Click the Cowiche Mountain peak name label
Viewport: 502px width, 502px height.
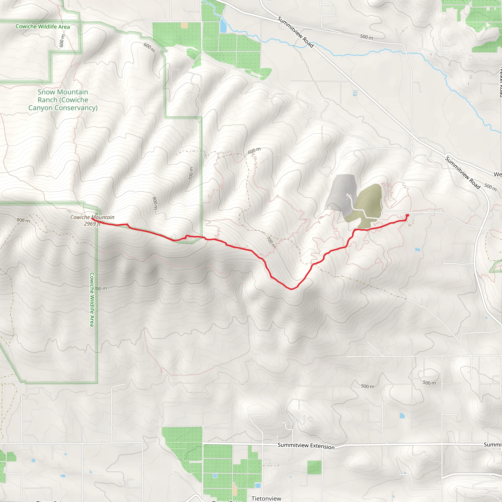(x=92, y=217)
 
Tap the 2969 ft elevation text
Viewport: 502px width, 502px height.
(x=92, y=224)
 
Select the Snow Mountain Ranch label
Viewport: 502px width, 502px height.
(x=63, y=100)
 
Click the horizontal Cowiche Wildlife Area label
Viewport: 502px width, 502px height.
(x=43, y=26)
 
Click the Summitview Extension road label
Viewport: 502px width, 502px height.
(x=306, y=446)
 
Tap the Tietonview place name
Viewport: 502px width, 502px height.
(x=266, y=498)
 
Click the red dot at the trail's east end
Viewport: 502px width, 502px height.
(x=407, y=215)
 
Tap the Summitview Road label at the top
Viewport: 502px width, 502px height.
(x=295, y=32)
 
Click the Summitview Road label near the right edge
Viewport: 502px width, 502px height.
(x=463, y=173)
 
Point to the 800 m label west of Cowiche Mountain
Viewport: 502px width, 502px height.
(x=23, y=220)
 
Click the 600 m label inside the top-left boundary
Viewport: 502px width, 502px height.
(x=62, y=41)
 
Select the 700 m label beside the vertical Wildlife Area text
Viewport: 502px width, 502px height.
(x=100, y=289)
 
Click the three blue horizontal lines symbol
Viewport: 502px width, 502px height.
(x=355, y=93)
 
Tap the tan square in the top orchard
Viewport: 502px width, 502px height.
(x=184, y=25)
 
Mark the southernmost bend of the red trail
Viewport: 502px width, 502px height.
(x=291, y=289)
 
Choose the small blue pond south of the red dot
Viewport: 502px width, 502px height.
(x=417, y=250)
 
